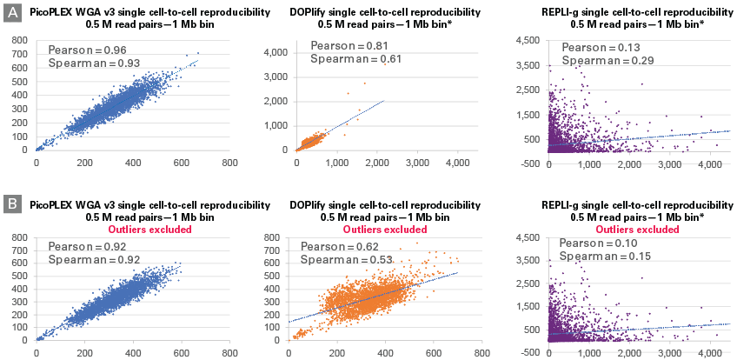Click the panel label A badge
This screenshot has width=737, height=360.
(x=12, y=16)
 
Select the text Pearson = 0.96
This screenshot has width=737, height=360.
(x=86, y=50)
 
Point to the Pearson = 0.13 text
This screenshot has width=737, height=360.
(x=601, y=46)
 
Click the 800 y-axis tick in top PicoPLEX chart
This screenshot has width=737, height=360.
(x=18, y=38)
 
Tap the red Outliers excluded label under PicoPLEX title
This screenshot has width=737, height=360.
(x=128, y=230)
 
